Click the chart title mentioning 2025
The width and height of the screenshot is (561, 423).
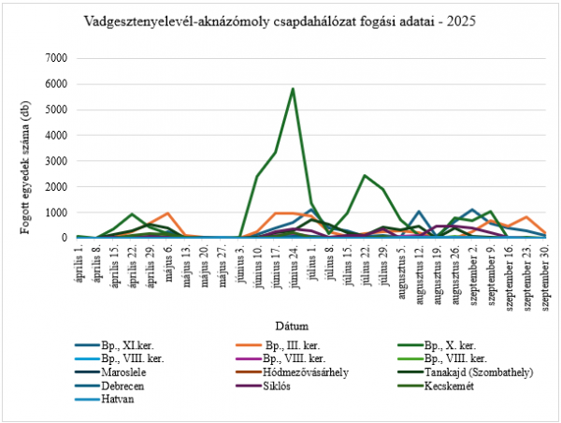280,21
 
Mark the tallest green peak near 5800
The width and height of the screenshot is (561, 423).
293,89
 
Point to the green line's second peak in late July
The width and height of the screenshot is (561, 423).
365,175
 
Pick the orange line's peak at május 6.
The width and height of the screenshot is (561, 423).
167,213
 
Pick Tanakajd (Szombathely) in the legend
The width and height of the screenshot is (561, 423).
477,372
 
